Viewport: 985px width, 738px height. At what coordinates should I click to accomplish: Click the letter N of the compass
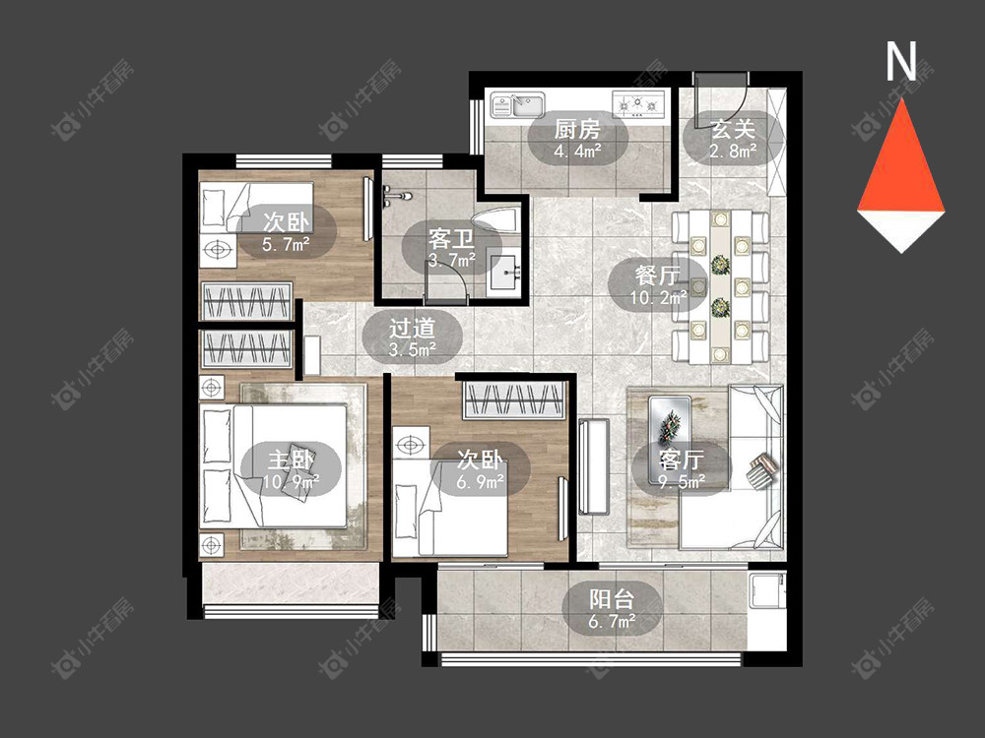point(901,61)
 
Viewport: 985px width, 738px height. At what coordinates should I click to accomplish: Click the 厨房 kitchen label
point(577,129)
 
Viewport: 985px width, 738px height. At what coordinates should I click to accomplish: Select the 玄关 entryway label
point(733,129)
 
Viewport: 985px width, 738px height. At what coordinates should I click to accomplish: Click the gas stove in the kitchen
point(639,104)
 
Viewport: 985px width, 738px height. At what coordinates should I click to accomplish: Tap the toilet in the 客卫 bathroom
point(497,220)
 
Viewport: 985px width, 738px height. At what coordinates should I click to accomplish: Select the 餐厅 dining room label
point(658,276)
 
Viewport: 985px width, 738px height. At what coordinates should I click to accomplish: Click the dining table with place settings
point(721,286)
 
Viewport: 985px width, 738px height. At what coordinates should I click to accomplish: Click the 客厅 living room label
point(682,460)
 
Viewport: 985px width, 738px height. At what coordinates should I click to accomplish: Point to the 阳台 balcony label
point(612,599)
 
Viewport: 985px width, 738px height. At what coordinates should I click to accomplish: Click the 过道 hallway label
point(412,329)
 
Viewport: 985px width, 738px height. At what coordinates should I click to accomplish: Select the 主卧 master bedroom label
point(291,460)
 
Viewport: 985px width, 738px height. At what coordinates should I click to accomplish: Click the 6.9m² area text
point(480,482)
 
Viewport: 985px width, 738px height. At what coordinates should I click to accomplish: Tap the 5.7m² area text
point(286,244)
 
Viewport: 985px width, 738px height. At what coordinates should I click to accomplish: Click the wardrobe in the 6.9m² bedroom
point(513,400)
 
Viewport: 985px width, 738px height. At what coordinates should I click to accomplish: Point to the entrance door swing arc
point(736,106)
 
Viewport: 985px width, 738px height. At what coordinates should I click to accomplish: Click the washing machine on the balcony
point(767,589)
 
